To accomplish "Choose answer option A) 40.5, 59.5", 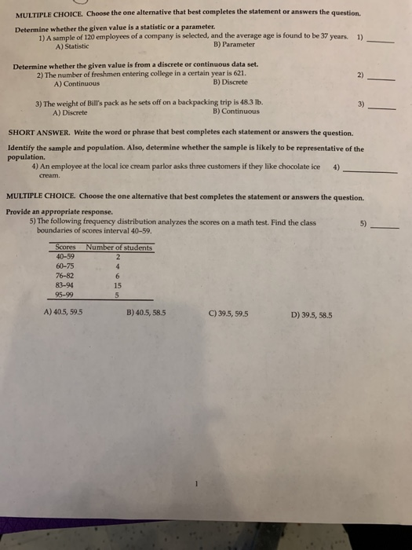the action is tap(64, 313).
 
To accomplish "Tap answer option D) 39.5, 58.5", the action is tap(311, 313).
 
